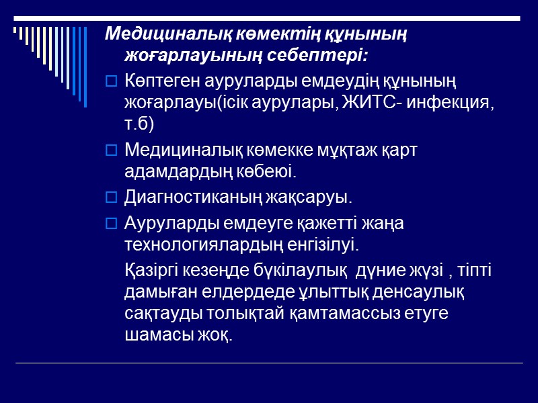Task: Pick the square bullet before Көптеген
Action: (112, 82)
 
